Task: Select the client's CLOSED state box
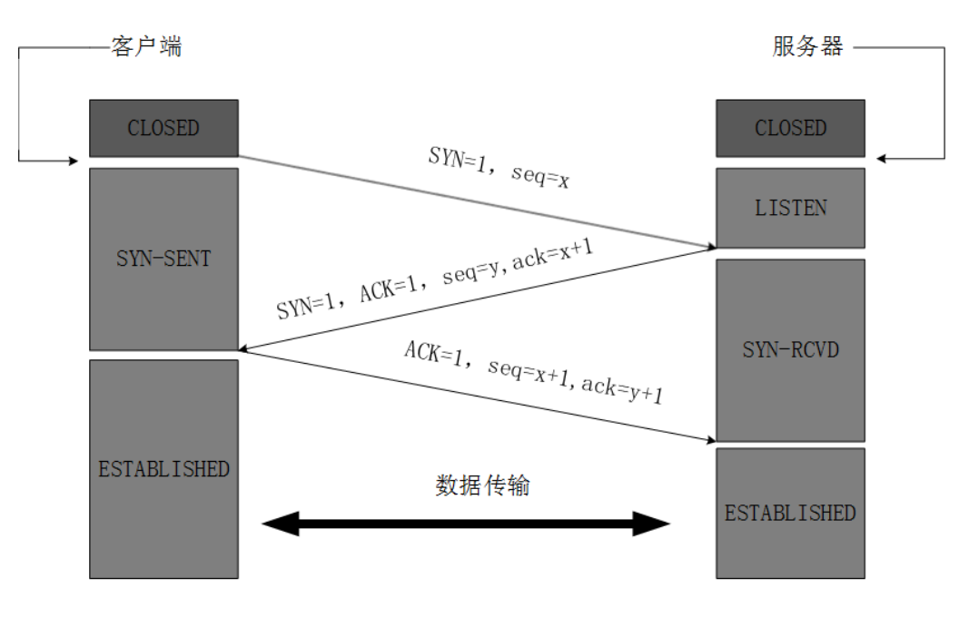coord(163,128)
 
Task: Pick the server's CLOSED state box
coord(790,128)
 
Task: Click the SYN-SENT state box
coord(163,259)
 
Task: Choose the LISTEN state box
coord(790,208)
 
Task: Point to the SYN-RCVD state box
coord(790,349)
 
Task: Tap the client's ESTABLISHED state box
coord(163,469)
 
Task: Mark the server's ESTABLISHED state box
coord(790,513)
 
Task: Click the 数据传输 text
coord(482,485)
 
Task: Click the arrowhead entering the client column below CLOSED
coord(75,161)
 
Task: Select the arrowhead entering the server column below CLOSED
coord(884,160)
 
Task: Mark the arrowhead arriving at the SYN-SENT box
coord(242,348)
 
